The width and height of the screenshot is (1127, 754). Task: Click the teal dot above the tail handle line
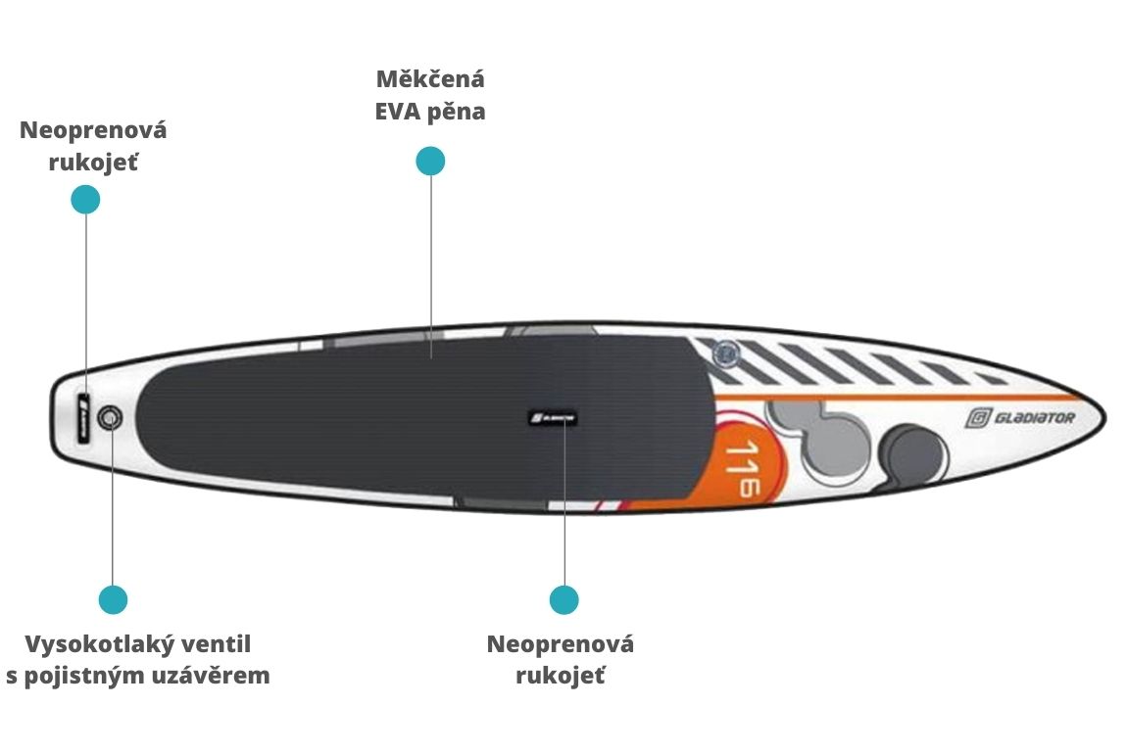pos(85,200)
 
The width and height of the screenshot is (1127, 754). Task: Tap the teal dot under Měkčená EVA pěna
pos(430,161)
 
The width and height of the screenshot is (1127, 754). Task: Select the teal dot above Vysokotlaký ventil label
pos(113,599)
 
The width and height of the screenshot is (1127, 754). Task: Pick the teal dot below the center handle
pos(564,599)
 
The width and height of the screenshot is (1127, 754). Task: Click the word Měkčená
pos(430,79)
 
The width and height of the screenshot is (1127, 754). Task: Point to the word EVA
pos(398,112)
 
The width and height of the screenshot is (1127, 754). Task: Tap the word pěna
pos(457,112)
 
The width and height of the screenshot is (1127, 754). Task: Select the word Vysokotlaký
pos(89,644)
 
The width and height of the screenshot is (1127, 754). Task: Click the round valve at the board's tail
pos(110,417)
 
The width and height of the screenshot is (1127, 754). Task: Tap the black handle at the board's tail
pos(83,418)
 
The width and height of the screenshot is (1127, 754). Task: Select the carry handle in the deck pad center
pos(553,417)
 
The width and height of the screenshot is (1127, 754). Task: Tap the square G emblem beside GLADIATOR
pos(977,418)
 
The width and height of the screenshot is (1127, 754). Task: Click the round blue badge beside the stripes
pos(726,354)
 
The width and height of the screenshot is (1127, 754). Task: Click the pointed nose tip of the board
pos(1104,417)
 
